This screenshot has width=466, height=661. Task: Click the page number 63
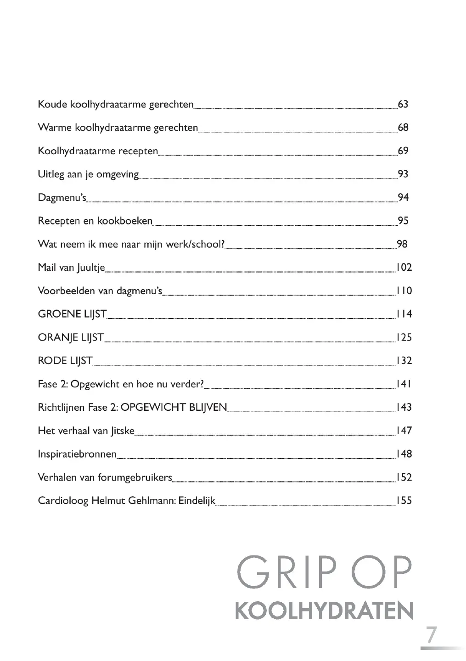click(403, 104)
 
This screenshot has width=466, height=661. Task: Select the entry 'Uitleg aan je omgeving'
click(88, 174)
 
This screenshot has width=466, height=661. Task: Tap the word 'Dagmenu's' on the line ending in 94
click(62, 198)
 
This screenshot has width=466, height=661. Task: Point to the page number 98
click(402, 244)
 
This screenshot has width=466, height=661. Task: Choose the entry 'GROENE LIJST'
click(72, 314)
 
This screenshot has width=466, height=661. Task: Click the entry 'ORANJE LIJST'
click(71, 338)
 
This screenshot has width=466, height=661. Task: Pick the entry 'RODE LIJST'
click(65, 361)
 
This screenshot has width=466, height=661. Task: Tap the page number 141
click(404, 384)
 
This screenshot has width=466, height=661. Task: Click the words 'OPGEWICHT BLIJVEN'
click(174, 408)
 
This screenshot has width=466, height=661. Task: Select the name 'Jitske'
click(122, 431)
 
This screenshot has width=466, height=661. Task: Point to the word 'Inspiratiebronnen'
click(77, 454)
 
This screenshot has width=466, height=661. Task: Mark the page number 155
click(404, 501)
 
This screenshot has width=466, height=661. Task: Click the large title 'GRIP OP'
click(324, 574)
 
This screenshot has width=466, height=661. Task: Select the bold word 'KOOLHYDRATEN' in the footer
click(324, 611)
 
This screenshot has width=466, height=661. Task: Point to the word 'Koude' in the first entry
click(52, 105)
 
